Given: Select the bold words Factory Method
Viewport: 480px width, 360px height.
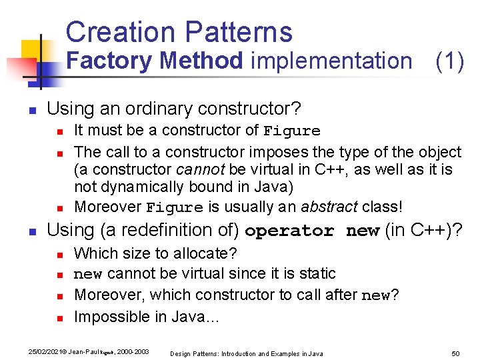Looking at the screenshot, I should pos(155,61).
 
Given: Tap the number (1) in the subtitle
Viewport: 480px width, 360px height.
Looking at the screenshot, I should pos(449,61).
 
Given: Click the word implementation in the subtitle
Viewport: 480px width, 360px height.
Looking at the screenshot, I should pos(331,61).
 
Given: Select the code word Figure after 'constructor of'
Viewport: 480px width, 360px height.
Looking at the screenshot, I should pos(292,131).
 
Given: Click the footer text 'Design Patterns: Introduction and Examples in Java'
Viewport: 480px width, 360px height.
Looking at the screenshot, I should pos(246,353).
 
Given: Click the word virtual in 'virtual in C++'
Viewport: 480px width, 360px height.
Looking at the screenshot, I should pos(277,169).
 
